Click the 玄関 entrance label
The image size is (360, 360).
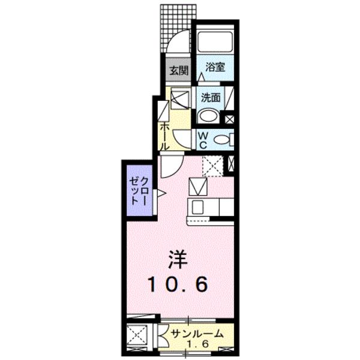tap(179, 70)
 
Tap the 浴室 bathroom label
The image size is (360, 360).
tap(215, 67)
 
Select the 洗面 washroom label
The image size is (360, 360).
tap(211, 98)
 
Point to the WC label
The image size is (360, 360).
tap(203, 140)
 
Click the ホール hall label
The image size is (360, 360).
tap(164, 137)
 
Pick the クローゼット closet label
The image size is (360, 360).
tap(138, 191)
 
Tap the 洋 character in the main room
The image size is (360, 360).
tap(178, 259)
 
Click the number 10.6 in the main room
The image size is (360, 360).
tap(179, 284)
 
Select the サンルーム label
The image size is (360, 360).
tap(197, 334)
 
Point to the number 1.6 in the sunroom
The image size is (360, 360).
tap(197, 344)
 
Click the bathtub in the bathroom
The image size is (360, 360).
tap(215, 42)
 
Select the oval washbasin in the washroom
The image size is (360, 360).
tap(208, 116)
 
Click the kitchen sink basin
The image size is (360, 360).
tap(197, 207)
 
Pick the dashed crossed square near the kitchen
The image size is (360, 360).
tap(212, 166)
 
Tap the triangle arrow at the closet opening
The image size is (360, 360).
tap(161, 194)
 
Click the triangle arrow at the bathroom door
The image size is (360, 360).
tap(202, 76)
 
